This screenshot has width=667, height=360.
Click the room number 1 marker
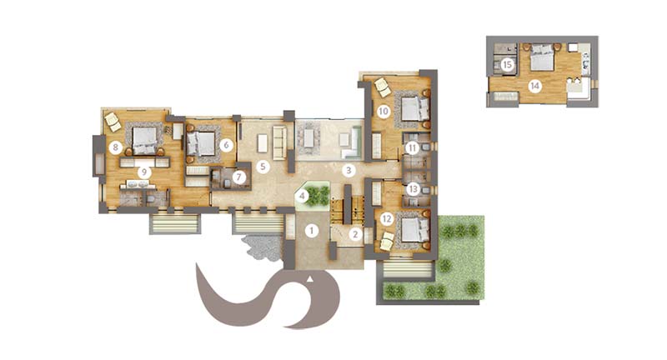311,231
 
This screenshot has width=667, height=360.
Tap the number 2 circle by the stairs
355,234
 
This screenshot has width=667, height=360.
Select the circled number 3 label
349,171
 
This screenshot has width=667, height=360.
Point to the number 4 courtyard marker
302,196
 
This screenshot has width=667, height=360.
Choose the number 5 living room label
263,166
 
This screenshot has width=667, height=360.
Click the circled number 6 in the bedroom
226,145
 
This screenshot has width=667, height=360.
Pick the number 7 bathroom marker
238,177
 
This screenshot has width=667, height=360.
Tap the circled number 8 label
115,147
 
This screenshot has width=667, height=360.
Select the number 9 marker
144,172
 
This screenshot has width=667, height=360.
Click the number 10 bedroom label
384,112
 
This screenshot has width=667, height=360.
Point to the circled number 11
412,148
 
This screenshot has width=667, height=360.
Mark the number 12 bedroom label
386,219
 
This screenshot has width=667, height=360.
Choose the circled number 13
413,188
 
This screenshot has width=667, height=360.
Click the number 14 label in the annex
534,87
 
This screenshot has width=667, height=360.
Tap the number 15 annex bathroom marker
507,65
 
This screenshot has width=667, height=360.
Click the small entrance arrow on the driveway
310,279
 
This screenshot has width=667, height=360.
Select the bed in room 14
541,57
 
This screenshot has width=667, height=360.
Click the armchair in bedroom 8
113,122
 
